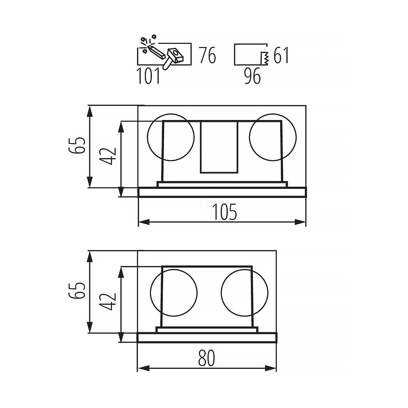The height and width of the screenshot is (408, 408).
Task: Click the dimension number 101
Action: [149, 76]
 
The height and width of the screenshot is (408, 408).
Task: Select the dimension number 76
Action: [207, 55]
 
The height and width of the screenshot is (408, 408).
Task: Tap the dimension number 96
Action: [252, 76]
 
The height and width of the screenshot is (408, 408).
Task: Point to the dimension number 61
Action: [281, 55]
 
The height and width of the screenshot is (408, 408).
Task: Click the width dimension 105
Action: [225, 212]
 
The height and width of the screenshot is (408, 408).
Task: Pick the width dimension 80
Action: [206, 358]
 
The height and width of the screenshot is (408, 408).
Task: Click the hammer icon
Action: [173, 58]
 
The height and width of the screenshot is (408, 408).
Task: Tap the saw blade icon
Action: [265, 58]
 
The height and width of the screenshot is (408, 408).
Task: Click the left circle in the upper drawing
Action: [147, 137]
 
